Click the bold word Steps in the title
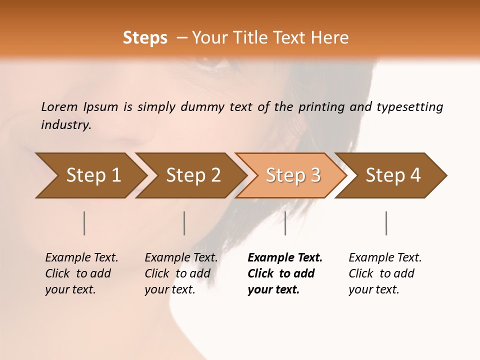click(145, 38)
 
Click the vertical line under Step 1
click(84, 223)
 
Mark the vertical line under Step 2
click(184, 223)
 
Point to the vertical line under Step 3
click(285, 223)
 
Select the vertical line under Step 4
click(386, 223)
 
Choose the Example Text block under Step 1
click(81, 273)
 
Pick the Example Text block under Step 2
click(180, 273)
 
